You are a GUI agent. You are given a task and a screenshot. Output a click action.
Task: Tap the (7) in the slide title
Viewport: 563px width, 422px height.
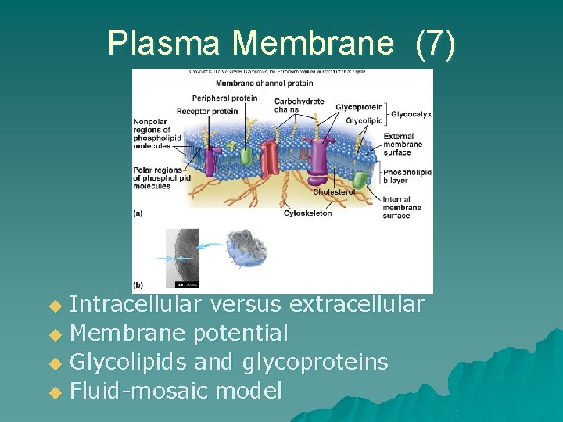tap(435, 43)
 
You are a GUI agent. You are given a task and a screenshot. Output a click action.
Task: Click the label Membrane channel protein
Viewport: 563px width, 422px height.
tap(264, 84)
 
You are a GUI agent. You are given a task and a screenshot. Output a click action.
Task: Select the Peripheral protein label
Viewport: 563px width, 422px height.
tap(224, 98)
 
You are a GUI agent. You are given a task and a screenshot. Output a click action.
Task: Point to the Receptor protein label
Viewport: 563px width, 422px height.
tap(207, 111)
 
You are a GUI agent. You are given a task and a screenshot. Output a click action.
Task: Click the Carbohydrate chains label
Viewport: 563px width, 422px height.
tap(299, 105)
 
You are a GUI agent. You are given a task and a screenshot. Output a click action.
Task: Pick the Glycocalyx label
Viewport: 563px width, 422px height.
tap(411, 114)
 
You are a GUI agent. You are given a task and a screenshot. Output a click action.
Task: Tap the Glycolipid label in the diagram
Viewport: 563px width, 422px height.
tap(364, 121)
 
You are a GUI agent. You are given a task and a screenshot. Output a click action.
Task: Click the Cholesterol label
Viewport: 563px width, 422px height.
tap(333, 191)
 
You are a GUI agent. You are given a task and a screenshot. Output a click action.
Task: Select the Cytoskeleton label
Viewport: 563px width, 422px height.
tap(307, 213)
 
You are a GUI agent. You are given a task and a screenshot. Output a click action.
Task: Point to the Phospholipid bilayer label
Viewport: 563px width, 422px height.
tap(407, 177)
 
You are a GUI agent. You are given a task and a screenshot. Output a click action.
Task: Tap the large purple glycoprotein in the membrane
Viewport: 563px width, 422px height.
tap(320, 156)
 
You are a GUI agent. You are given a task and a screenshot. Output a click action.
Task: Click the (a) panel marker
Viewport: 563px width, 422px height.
tap(138, 213)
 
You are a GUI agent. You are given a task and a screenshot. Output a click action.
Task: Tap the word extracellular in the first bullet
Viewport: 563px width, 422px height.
tap(357, 304)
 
